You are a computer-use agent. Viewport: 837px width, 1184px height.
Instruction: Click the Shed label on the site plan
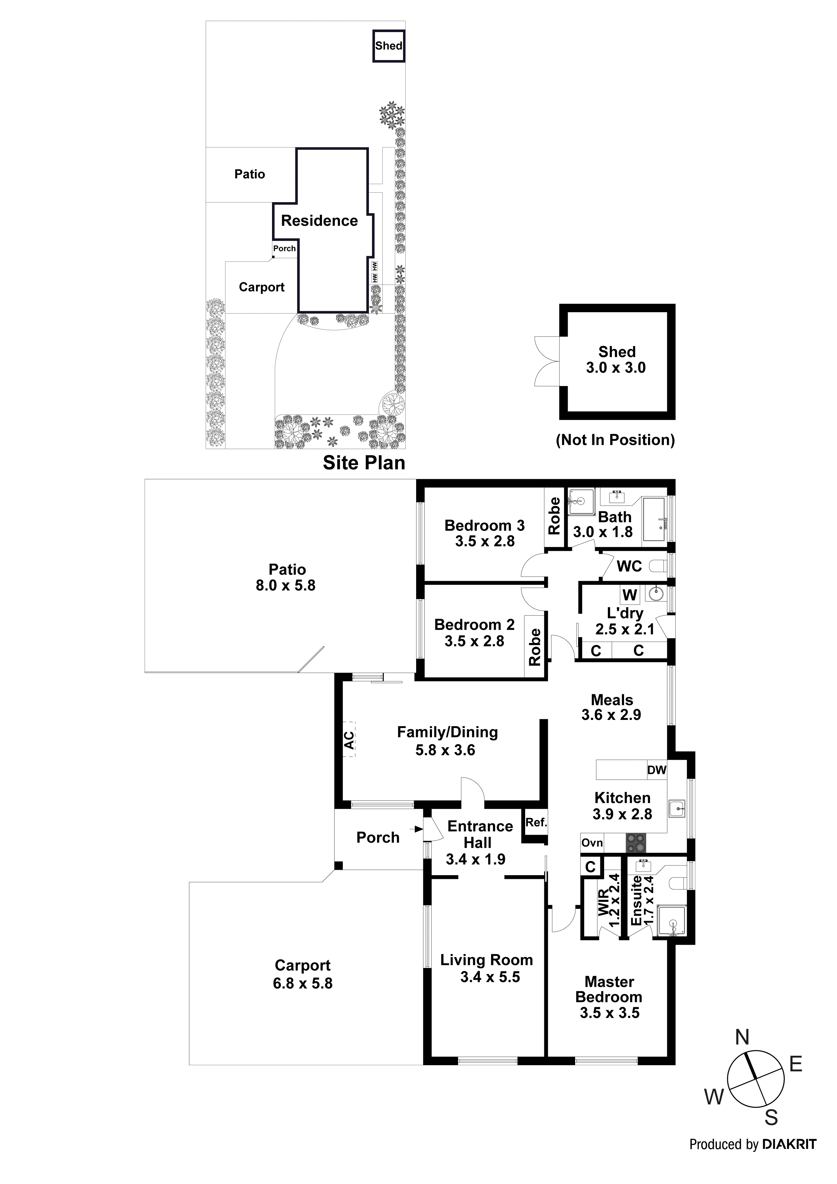tap(388, 46)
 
